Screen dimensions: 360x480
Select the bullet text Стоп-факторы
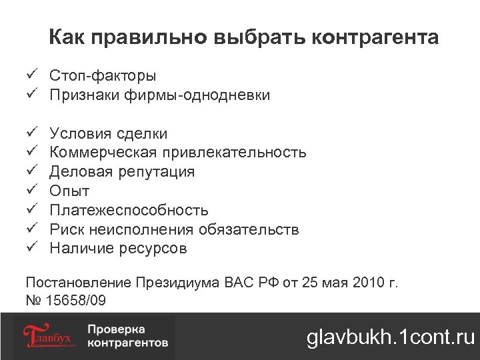pyautogui.click(x=103, y=76)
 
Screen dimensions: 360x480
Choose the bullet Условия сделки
pyautogui.click(x=109, y=133)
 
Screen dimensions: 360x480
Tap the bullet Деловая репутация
pyautogui.click(x=122, y=172)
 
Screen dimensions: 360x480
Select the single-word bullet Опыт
pyautogui.click(x=69, y=191)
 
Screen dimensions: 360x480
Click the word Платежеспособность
pyautogui.click(x=129, y=211)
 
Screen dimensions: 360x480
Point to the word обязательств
pyautogui.click(x=247, y=230)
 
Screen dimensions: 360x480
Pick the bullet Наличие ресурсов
pyautogui.click(x=118, y=249)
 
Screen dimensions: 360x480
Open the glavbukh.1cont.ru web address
pyautogui.click(x=390, y=337)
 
